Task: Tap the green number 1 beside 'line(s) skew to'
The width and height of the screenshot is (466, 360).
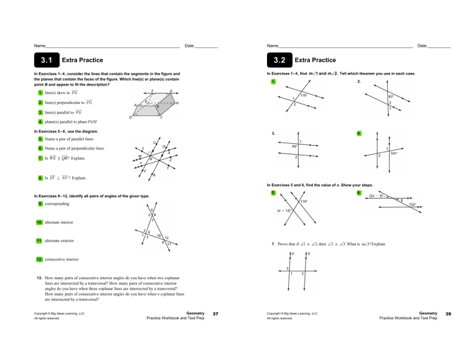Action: [40, 92]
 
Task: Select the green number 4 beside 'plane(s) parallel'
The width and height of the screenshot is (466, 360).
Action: [40, 123]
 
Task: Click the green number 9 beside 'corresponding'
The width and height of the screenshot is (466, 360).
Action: [40, 204]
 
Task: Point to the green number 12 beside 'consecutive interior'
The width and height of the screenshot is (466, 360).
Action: [41, 259]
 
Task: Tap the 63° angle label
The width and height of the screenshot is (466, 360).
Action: [391, 96]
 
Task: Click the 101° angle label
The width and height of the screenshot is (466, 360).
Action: [394, 153]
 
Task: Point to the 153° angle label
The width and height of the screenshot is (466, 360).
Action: [412, 205]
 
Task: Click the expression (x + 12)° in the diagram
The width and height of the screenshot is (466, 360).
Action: [285, 211]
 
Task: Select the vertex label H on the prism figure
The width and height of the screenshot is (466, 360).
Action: [177, 104]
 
